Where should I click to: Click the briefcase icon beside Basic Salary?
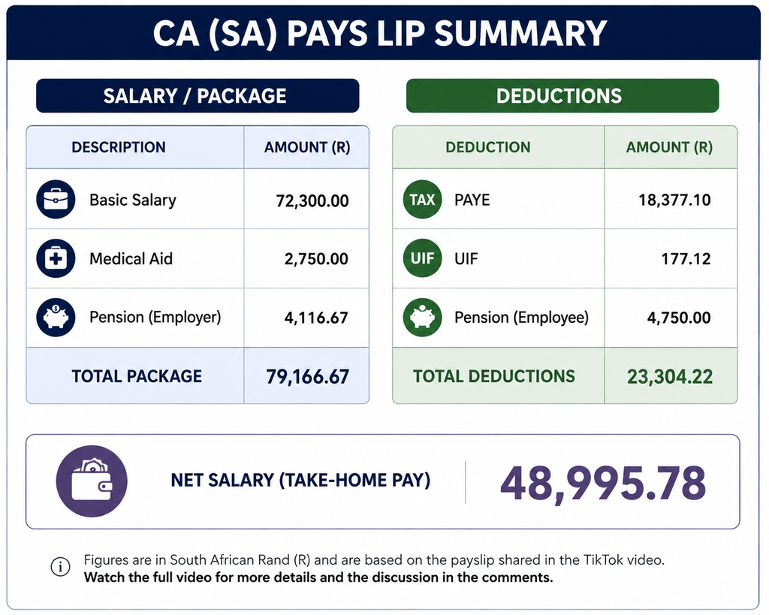click(56, 200)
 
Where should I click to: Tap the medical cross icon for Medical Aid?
click(56, 258)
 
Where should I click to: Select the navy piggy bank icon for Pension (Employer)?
click(56, 318)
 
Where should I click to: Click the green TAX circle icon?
click(422, 200)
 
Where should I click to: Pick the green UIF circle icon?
click(422, 258)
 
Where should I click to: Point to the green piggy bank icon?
click(422, 318)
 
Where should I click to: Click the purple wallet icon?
click(92, 481)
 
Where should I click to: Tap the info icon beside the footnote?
click(60, 567)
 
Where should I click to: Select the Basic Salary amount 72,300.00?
click(312, 200)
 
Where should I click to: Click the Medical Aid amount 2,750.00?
click(316, 259)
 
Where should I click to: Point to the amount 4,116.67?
click(316, 318)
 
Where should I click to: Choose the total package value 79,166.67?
click(307, 377)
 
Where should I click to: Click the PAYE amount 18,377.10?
click(674, 200)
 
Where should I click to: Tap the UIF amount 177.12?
click(686, 259)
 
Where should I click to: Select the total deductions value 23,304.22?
click(670, 377)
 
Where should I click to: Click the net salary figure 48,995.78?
click(603, 483)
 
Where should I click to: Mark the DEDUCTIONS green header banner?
click(562, 95)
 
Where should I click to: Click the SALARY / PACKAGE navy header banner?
click(198, 95)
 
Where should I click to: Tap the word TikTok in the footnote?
click(602, 559)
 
